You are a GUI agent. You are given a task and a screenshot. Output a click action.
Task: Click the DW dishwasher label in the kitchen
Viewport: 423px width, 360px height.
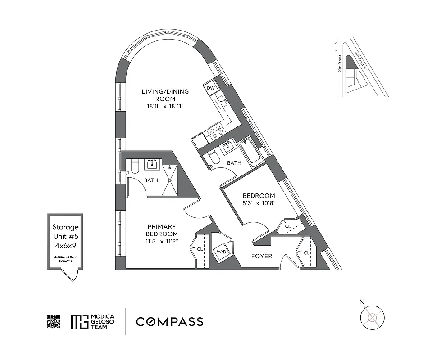coord(210,88)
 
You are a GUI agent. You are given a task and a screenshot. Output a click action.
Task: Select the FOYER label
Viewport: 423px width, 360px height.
coord(262,256)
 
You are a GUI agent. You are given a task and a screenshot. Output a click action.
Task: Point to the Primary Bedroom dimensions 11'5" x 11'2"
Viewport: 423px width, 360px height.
coord(161,241)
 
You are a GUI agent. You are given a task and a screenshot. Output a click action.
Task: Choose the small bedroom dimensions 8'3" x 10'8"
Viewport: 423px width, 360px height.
coord(259,203)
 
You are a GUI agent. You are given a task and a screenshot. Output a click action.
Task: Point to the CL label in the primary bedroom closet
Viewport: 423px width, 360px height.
coord(199,248)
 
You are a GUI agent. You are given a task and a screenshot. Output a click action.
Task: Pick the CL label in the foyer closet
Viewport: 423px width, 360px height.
coord(307,253)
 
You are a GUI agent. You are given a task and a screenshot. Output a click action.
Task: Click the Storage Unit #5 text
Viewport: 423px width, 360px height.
coord(66,232)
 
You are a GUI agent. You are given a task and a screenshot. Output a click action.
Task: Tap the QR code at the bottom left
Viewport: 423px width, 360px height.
coord(54,322)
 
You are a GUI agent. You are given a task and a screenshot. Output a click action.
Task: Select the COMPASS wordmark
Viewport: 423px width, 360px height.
coord(170,322)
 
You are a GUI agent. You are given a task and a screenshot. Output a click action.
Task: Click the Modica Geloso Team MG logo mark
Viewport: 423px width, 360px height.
coord(78,322)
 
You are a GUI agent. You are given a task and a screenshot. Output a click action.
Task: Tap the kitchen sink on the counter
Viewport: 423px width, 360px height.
coord(222,102)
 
